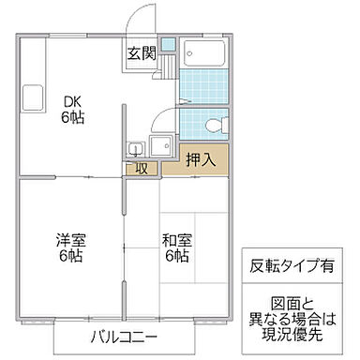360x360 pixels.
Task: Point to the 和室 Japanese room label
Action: [x=176, y=239]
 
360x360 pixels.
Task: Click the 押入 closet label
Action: [x=199, y=159]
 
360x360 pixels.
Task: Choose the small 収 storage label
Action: [x=142, y=169]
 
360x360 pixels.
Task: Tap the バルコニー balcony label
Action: [x=124, y=337]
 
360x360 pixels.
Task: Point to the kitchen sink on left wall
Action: [x=30, y=96]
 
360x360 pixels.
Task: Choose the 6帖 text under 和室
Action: [x=176, y=257]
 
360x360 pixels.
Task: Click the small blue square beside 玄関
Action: [x=167, y=44]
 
